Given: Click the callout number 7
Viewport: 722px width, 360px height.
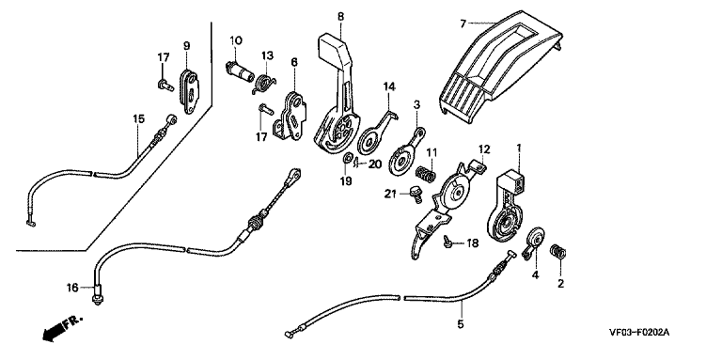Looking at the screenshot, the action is click(x=463, y=23).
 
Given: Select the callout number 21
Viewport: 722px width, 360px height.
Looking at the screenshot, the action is click(x=391, y=194).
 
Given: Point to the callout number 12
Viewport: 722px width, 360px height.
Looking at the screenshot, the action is click(x=484, y=149).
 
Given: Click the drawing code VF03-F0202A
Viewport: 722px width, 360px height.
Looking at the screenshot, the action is click(x=638, y=333).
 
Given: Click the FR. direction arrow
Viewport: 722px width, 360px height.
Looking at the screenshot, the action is click(x=61, y=329).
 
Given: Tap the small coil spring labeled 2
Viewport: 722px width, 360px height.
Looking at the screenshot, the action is click(x=559, y=252).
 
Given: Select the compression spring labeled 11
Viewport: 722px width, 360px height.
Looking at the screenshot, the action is click(x=426, y=175).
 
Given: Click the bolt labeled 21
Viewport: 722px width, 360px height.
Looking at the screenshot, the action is click(x=416, y=193).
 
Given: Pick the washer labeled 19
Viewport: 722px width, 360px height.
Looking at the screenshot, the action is click(x=346, y=159).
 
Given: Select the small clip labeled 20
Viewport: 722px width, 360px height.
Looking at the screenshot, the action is click(x=357, y=162).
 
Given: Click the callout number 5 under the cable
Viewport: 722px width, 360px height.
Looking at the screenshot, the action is click(x=461, y=324).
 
